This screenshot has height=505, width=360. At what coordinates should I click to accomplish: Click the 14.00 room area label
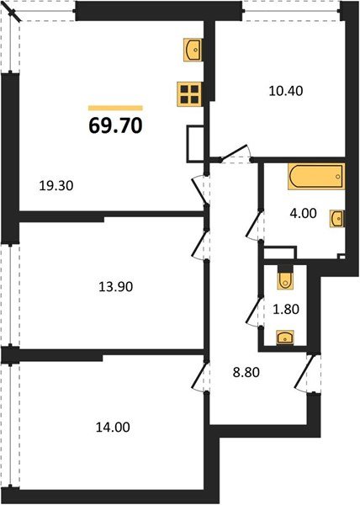tap(112, 427)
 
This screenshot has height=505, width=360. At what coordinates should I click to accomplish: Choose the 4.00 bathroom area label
tap(303, 213)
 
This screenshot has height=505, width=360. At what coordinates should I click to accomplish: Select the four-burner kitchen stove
tap(190, 94)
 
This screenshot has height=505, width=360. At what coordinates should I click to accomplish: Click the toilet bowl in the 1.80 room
tap(284, 278)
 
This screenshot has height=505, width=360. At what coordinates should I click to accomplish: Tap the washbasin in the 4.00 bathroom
tap(336, 218)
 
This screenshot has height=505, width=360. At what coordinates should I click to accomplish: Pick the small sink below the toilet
tap(286, 338)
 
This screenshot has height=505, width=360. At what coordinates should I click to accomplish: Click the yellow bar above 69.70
tap(115, 107)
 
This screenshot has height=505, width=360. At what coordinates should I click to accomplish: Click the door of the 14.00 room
tap(199, 375)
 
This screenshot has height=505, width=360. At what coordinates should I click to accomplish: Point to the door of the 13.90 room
tap(200, 244)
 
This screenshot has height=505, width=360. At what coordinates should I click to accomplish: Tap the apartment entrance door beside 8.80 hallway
tap(304, 372)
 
